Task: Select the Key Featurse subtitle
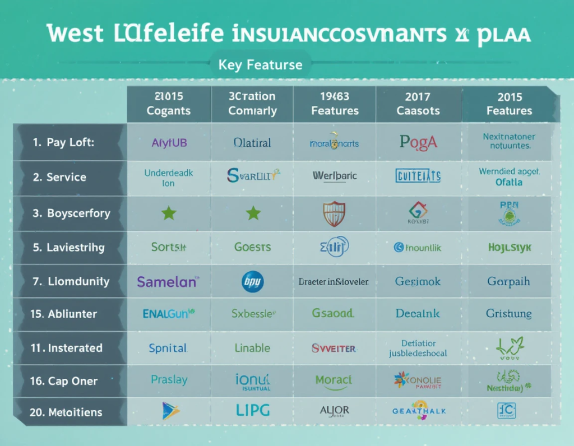click(260, 64)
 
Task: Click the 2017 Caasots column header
click(418, 104)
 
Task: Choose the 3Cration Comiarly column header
click(252, 104)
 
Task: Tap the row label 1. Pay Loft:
click(63, 142)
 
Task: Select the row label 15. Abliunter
click(63, 314)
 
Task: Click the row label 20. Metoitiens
click(66, 412)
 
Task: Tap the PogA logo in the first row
click(418, 142)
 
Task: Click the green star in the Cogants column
click(169, 213)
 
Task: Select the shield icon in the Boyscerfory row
click(335, 213)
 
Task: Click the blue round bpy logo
click(252, 281)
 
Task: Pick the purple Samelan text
click(168, 281)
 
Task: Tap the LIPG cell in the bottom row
click(252, 411)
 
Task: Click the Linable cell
click(252, 348)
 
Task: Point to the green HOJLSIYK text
click(509, 247)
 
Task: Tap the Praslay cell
click(169, 380)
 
